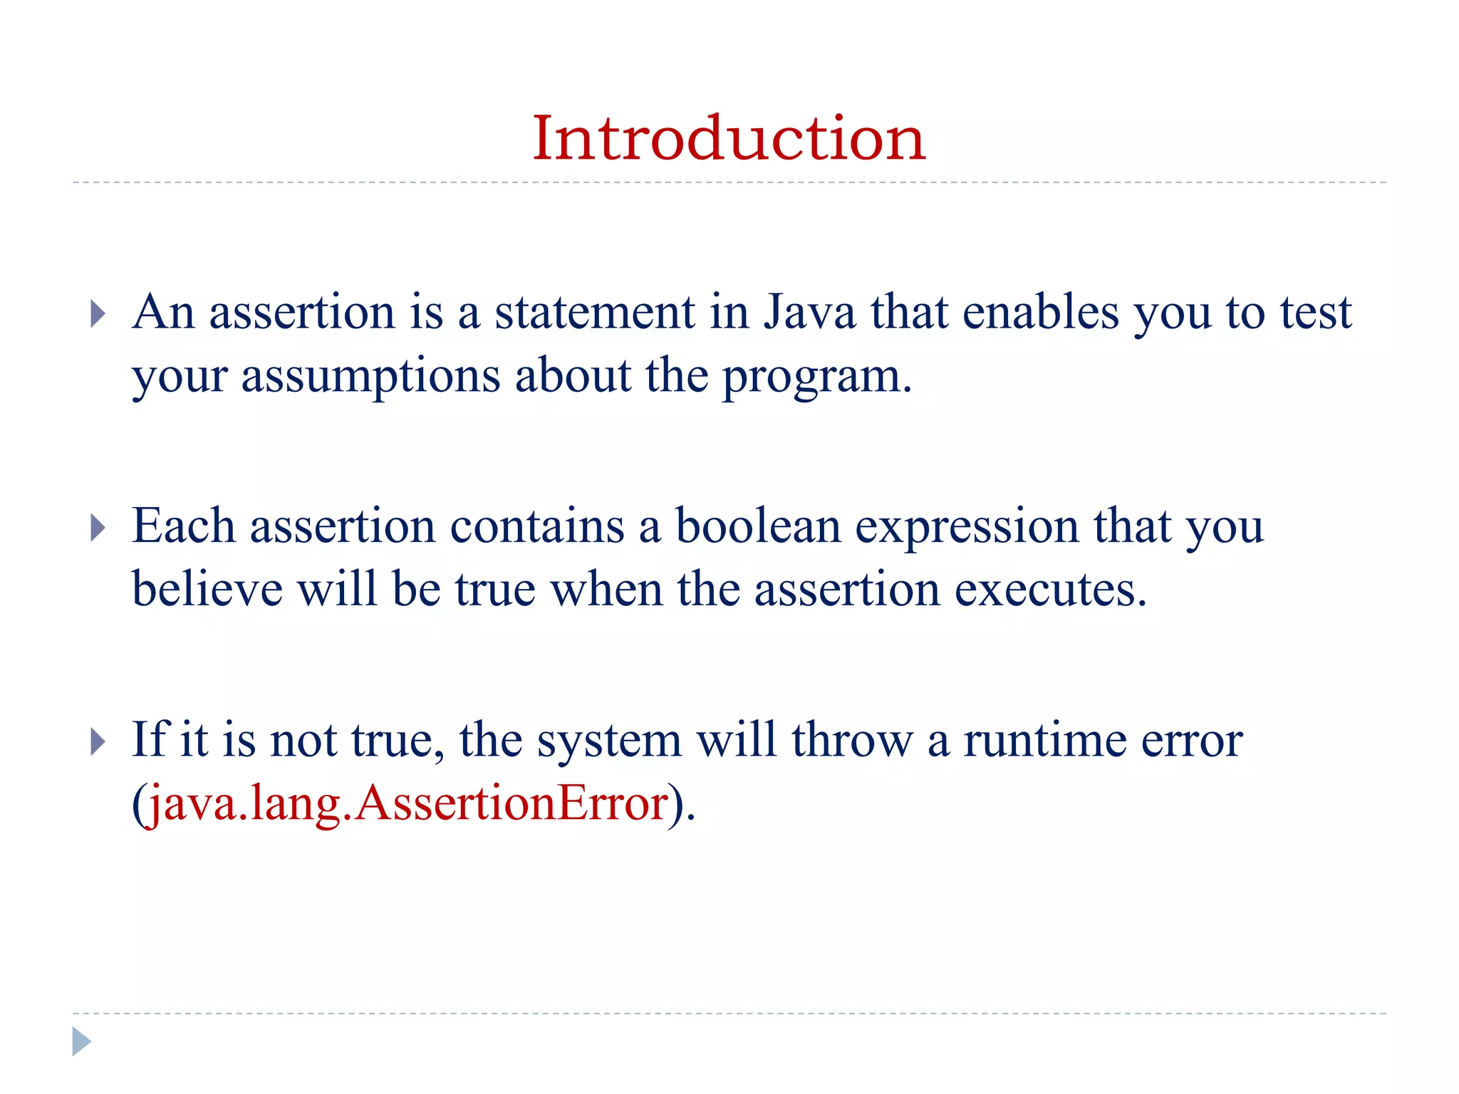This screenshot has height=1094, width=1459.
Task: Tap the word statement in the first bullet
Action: (595, 313)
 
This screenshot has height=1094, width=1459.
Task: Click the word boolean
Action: (758, 527)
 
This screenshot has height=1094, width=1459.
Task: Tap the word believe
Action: (207, 590)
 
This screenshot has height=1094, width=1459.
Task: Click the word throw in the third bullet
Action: (852, 741)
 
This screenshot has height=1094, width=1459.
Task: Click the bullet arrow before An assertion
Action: (98, 314)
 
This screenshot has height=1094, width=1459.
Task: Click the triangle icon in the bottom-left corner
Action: (81, 1041)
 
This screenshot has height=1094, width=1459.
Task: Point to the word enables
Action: (1041, 313)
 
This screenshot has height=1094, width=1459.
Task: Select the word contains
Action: (537, 527)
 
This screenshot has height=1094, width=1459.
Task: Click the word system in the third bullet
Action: (609, 741)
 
